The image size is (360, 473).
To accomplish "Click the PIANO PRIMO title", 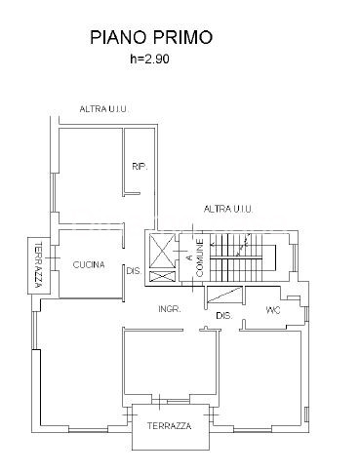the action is click(x=151, y=37).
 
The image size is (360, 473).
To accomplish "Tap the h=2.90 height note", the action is click(x=149, y=59).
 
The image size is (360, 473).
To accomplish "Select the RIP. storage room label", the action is click(x=140, y=167).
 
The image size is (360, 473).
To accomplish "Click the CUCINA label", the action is click(x=89, y=264).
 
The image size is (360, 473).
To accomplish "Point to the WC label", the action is click(x=273, y=310).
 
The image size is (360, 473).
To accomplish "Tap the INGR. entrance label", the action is click(x=170, y=309).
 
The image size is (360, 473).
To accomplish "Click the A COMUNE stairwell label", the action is click(x=195, y=257).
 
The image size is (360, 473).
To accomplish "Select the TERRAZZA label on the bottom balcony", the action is click(x=169, y=426).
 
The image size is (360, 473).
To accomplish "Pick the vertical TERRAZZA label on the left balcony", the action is click(x=39, y=265).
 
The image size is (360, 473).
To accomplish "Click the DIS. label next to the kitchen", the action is click(x=134, y=271).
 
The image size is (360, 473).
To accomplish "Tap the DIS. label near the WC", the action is click(x=224, y=315).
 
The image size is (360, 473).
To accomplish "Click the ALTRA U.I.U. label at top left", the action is click(x=104, y=109).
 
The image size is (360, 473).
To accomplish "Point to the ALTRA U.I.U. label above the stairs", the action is click(x=228, y=209).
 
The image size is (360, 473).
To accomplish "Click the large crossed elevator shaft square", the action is click(x=162, y=251).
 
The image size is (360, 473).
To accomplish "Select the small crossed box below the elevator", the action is click(x=162, y=276).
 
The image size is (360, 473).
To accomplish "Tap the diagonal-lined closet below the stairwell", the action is click(x=224, y=297).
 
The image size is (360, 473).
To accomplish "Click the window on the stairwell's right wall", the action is click(x=296, y=257).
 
